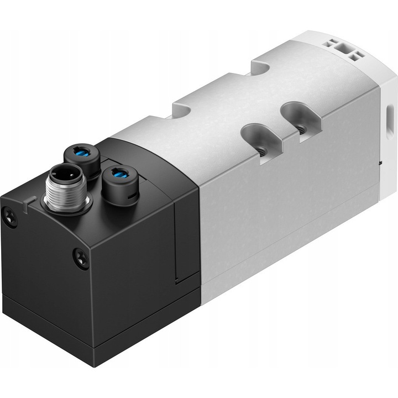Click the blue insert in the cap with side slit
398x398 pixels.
click(118, 173)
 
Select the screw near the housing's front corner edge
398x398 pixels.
click(81, 258)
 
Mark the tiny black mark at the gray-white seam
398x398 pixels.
click(381, 163)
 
